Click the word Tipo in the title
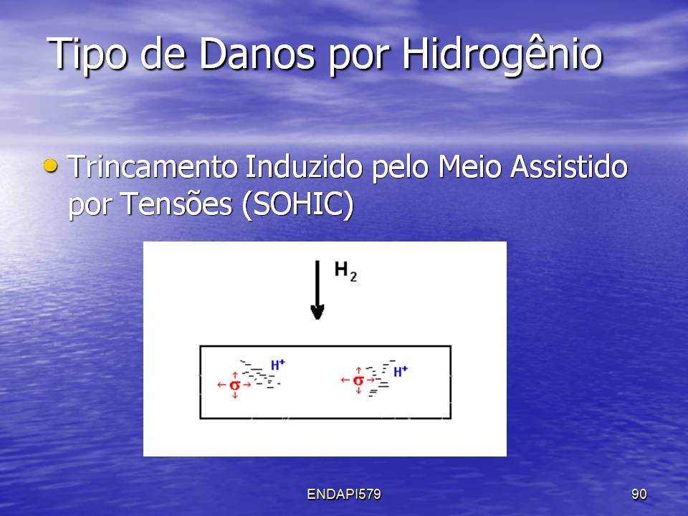pyautogui.click(x=87, y=54)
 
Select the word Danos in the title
pyautogui.click(x=257, y=54)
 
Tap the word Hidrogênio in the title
pyautogui.click(x=502, y=54)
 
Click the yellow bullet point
pyautogui.click(x=50, y=166)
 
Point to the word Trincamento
pyautogui.click(x=152, y=167)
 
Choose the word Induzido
pyautogui.click(x=303, y=167)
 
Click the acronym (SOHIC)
pyautogui.click(x=297, y=204)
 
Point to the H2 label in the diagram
pyautogui.click(x=345, y=271)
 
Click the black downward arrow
pyautogui.click(x=317, y=290)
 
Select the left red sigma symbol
pyautogui.click(x=235, y=385)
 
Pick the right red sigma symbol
pyautogui.click(x=358, y=380)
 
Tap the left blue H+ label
pyautogui.click(x=278, y=365)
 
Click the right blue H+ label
pyautogui.click(x=400, y=372)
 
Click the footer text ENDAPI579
pyautogui.click(x=344, y=494)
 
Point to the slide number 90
pyautogui.click(x=639, y=494)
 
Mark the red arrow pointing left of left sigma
pyautogui.click(x=221, y=385)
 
